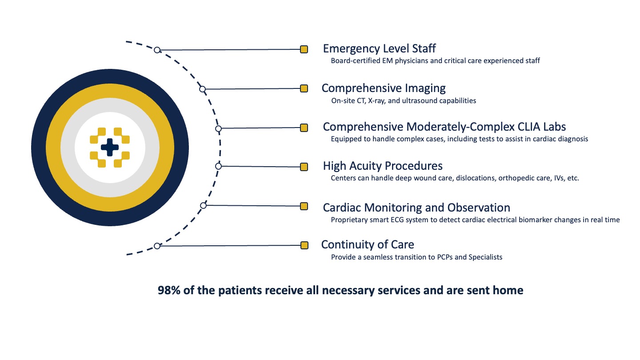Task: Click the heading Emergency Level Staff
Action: (380, 48)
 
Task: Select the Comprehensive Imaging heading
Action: (384, 88)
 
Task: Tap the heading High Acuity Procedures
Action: (383, 166)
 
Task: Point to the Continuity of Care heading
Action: (368, 244)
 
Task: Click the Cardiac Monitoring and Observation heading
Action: (416, 208)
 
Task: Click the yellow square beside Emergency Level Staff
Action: (304, 49)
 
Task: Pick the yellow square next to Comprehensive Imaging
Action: (304, 88)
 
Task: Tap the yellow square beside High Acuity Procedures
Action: (304, 167)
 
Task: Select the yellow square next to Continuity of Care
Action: (304, 245)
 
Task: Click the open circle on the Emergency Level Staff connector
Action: (157, 50)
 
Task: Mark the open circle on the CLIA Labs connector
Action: (218, 128)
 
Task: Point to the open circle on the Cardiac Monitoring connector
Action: (203, 205)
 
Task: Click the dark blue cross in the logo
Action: (110, 148)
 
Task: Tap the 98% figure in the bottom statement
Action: (169, 290)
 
